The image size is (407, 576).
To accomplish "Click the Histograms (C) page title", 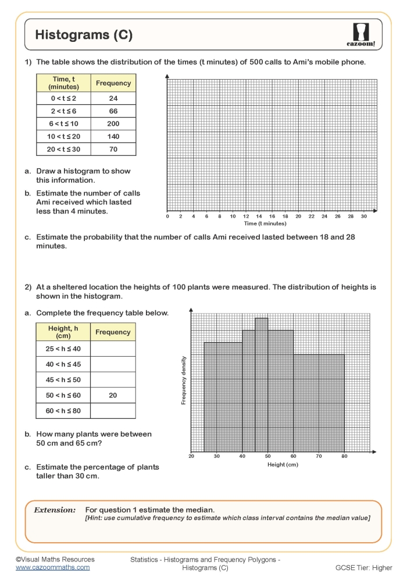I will tap(84, 35).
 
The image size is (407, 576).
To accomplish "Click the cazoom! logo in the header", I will tap(365, 35).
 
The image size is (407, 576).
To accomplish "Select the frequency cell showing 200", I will tap(113, 124).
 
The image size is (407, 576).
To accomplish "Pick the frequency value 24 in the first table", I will tap(113, 98).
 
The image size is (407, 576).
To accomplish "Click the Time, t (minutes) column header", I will tap(63, 83).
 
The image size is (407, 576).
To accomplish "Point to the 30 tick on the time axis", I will tap(364, 216).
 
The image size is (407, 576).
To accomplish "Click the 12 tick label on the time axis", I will tap(246, 216).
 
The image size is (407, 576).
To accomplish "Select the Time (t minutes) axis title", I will tap(265, 223).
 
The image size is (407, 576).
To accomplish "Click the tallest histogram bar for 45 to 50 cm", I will tap(261, 384).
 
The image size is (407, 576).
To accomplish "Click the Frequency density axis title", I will tap(184, 379).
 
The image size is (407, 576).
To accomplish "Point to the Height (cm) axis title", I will tap(283, 465).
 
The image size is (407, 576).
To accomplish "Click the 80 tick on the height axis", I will tap(344, 457).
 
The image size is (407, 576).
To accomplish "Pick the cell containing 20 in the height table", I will tap(113, 396).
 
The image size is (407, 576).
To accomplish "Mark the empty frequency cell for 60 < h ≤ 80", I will tap(113, 411).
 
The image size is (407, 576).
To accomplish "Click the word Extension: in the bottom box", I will tap(55, 510).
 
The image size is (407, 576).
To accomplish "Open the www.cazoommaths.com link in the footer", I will tap(52, 567).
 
